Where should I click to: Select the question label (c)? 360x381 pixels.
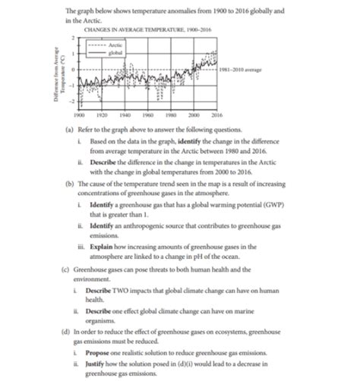(x=70, y=259)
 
